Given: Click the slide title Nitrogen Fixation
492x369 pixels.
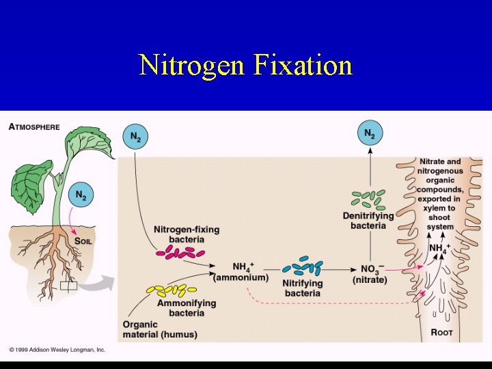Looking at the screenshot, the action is pyautogui.click(x=245, y=66).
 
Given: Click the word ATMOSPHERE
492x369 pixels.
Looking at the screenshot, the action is pyautogui.click(x=34, y=127).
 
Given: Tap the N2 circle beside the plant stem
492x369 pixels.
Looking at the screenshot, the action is pyautogui.click(x=81, y=195).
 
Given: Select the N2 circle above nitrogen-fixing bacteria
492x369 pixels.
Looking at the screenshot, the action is pyautogui.click(x=134, y=138).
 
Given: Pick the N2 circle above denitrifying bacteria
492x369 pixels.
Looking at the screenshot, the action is pyautogui.click(x=370, y=134).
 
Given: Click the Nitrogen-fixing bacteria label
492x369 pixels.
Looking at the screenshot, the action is pyautogui.click(x=187, y=234).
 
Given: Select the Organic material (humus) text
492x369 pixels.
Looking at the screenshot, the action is pyautogui.click(x=159, y=329).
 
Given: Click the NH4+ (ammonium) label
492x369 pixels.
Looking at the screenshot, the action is pyautogui.click(x=241, y=272).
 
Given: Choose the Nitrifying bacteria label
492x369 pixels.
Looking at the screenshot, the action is pyautogui.click(x=301, y=288).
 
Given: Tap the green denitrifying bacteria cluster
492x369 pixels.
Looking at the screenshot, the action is pyautogui.click(x=368, y=199).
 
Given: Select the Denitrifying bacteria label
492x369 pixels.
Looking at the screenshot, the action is pyautogui.click(x=368, y=221).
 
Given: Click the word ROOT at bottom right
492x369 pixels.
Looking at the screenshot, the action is pyautogui.click(x=441, y=333).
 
